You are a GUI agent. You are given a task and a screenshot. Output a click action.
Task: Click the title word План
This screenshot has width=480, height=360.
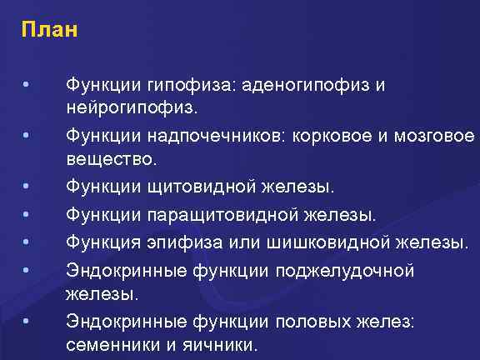point(50,32)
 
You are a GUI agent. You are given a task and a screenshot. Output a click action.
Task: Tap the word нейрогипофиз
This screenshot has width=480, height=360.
point(129,108)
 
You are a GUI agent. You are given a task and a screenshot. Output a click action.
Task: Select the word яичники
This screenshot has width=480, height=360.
point(220,343)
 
